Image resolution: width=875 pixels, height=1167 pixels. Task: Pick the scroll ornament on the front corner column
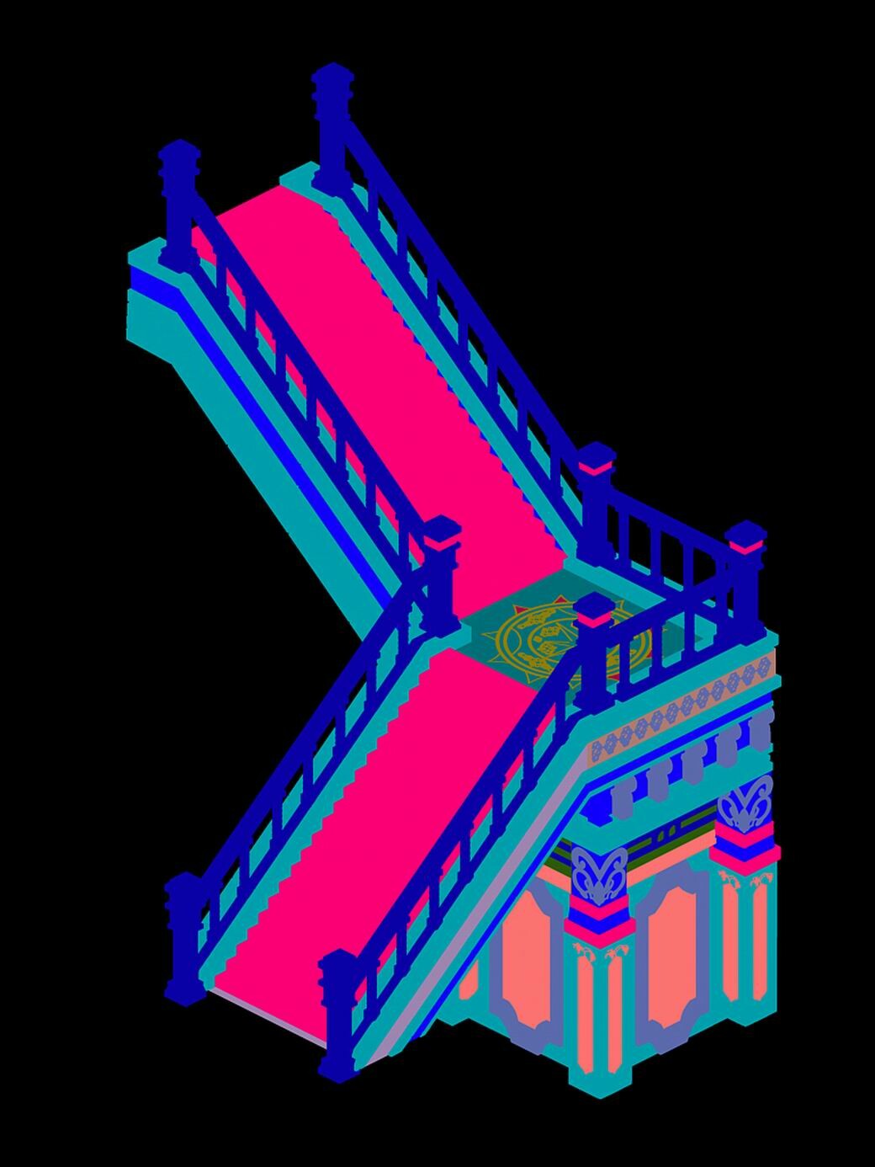[599, 876]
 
